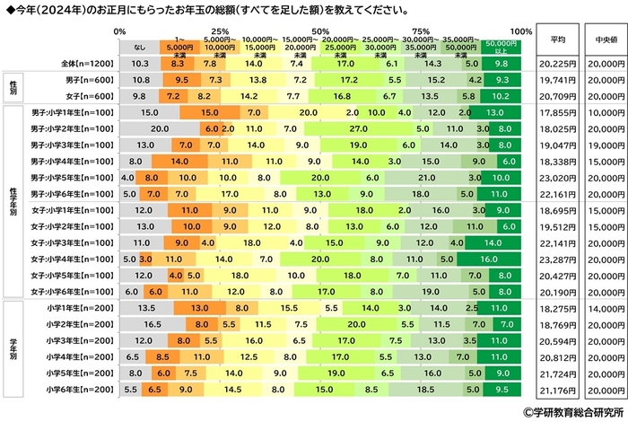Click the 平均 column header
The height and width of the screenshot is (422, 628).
(x=557, y=40)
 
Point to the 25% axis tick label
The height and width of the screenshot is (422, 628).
(x=219, y=31)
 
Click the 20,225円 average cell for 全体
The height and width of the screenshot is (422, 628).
(x=557, y=65)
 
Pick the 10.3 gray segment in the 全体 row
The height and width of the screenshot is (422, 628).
(x=140, y=65)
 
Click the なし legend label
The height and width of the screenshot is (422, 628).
(x=140, y=48)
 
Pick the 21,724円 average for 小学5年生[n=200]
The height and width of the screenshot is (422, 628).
(x=557, y=372)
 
